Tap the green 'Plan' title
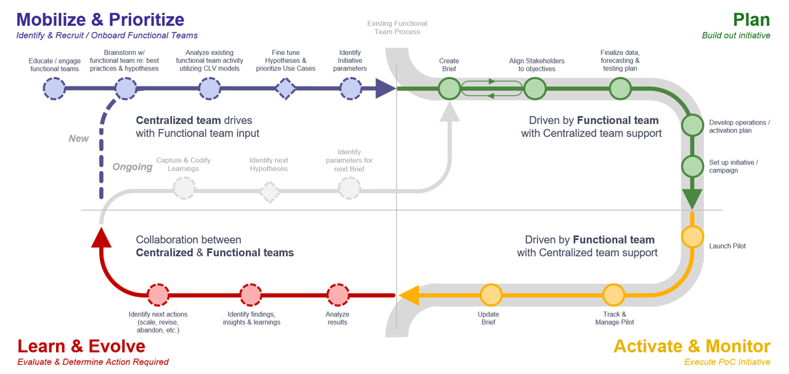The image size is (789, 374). coord(751,19)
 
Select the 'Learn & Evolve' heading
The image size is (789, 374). coord(81,346)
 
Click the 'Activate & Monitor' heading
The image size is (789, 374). coord(692,346)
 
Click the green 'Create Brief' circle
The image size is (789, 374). coord(449,89)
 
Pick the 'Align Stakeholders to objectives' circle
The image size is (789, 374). coord(535,89)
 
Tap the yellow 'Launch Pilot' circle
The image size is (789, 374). coord(692,237)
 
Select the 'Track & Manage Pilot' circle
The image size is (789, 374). coord(613,295)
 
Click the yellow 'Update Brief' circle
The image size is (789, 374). coord(491,295)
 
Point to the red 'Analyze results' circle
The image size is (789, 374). coord(338,295)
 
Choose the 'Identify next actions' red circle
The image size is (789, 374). coord(158,295)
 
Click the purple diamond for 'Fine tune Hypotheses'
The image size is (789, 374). coord(285,89)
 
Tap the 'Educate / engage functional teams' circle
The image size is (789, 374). coord(54,89)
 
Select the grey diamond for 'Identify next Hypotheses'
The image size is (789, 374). coord(269,192)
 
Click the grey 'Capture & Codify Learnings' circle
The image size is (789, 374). coord(184,188)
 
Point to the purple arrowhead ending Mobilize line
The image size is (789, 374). coord(385,89)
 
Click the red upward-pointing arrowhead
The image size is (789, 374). coord(101,237)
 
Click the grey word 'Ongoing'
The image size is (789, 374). coord(133,167)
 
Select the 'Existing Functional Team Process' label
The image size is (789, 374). coord(397,28)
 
